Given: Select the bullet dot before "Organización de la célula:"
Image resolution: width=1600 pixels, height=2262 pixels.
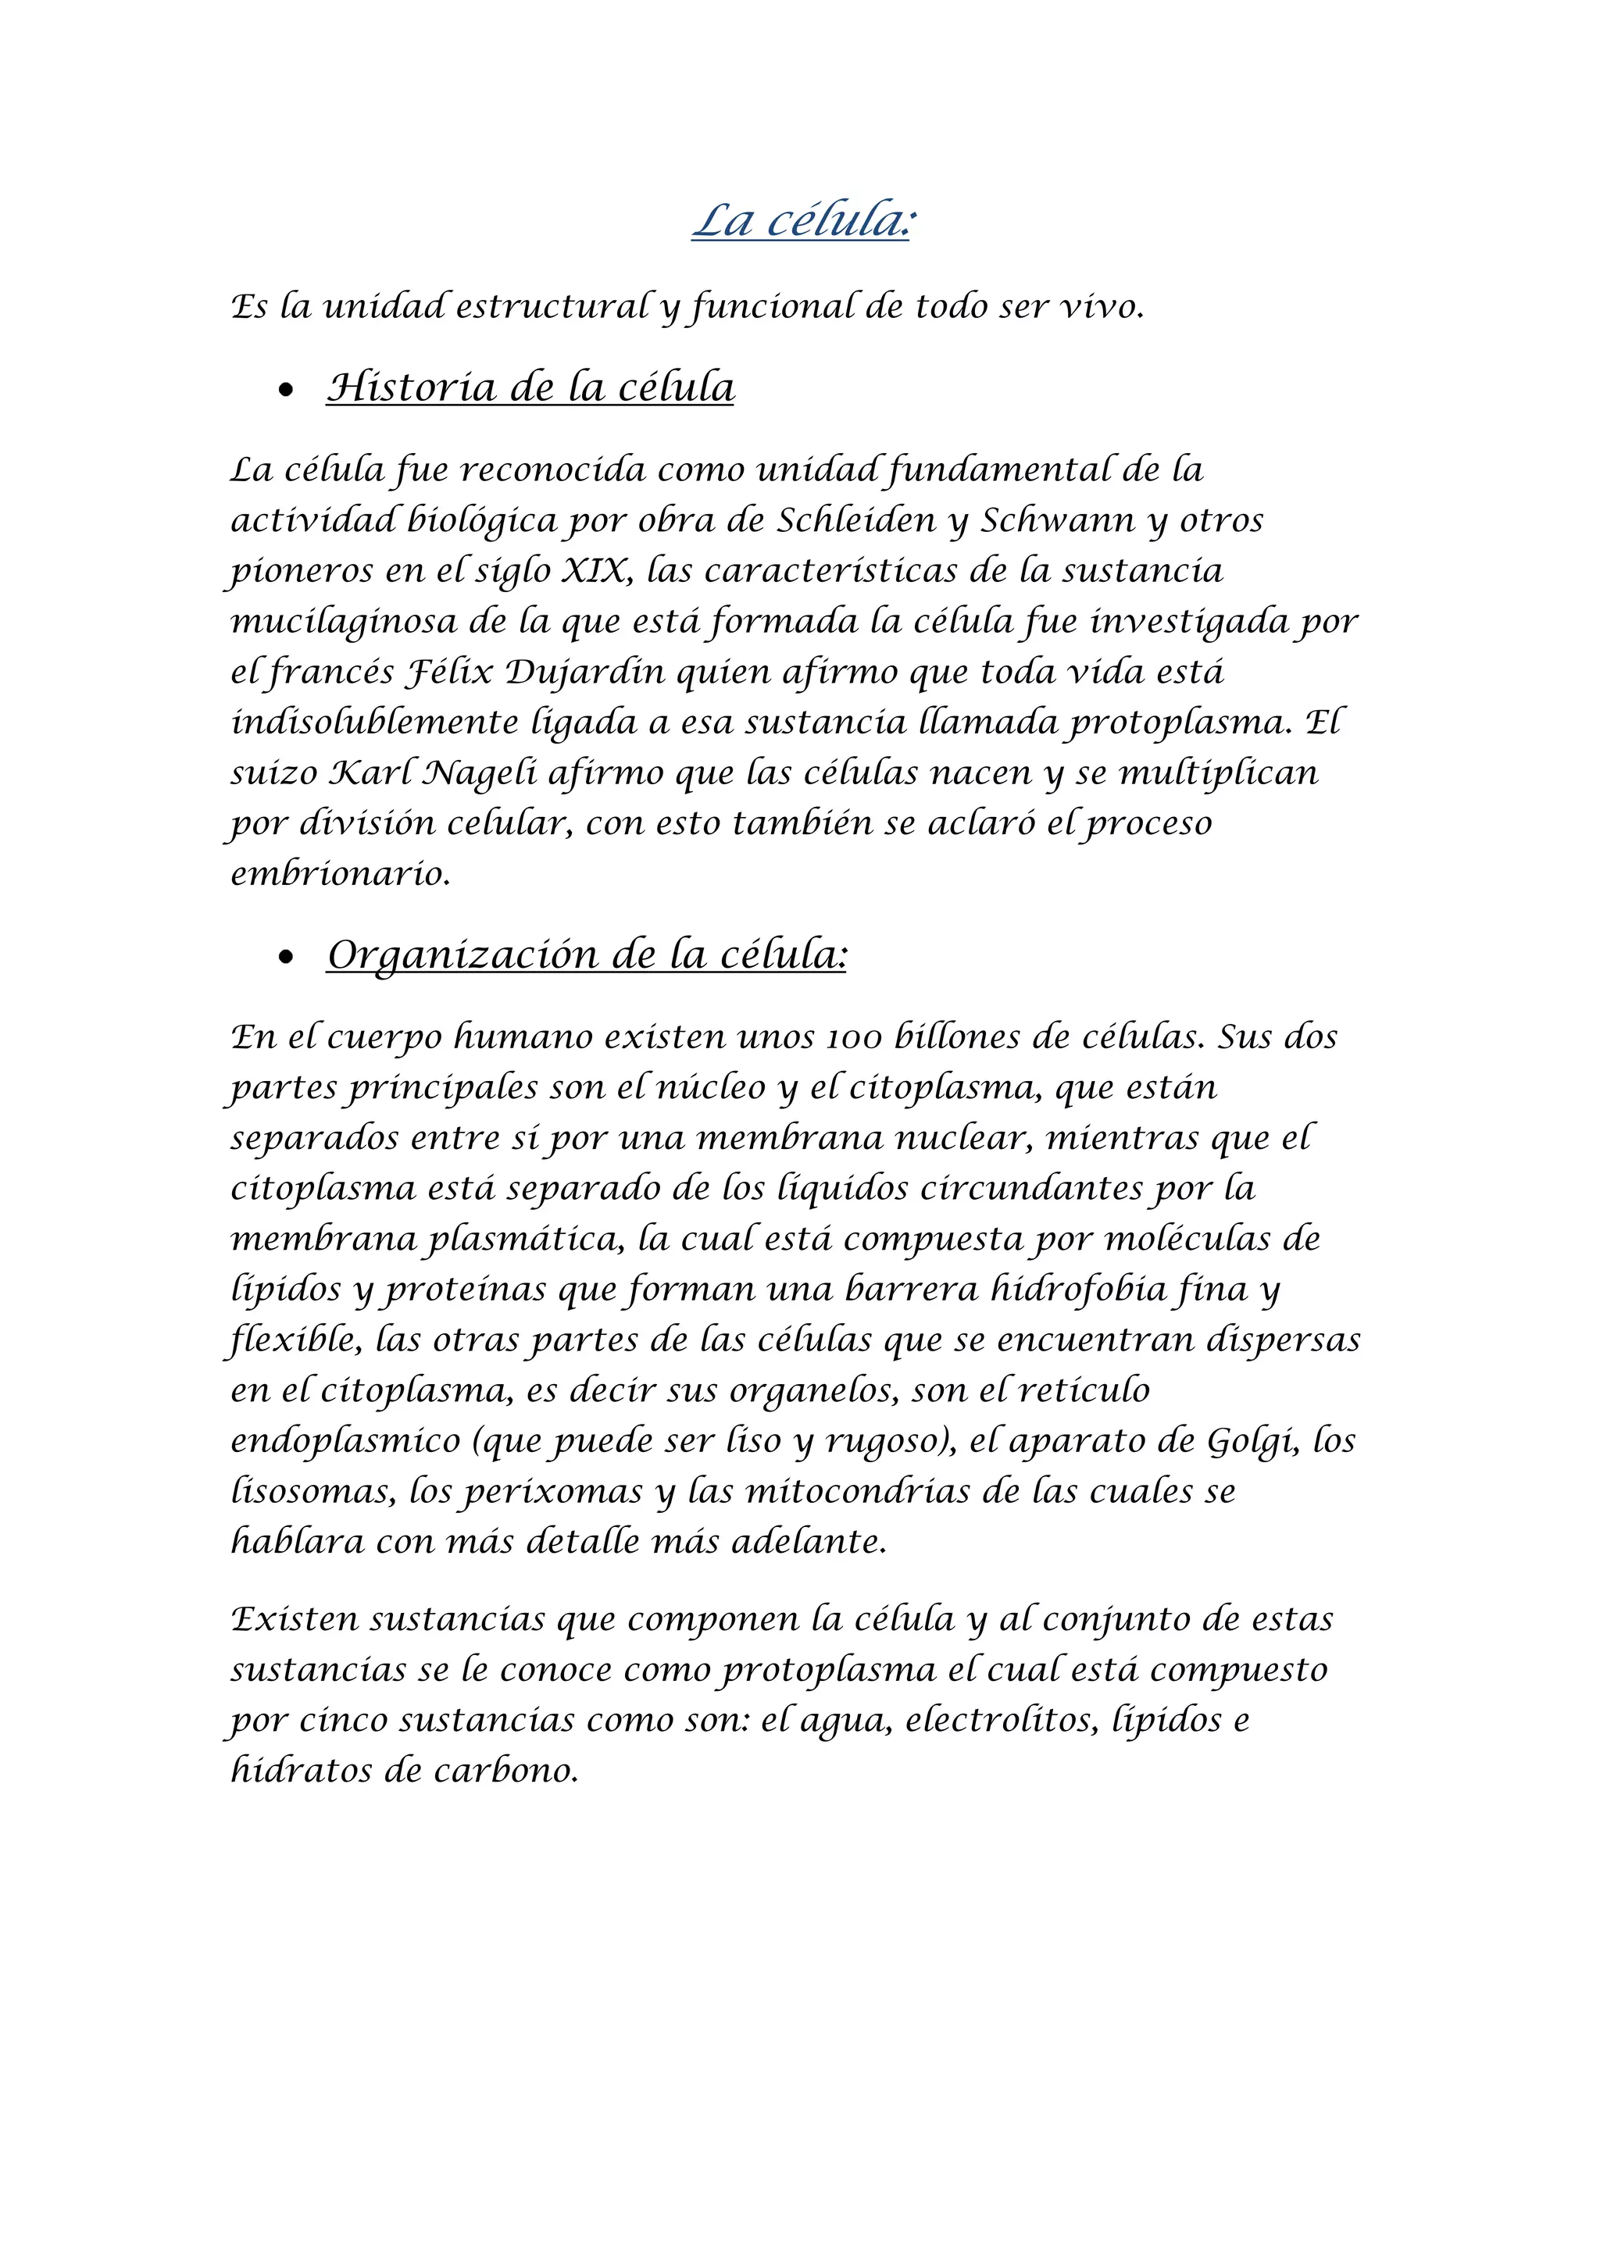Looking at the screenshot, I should click(287, 957).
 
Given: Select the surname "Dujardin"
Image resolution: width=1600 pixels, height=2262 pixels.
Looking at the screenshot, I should click(571, 673).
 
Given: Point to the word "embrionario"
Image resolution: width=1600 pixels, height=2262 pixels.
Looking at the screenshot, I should click(340, 874).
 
